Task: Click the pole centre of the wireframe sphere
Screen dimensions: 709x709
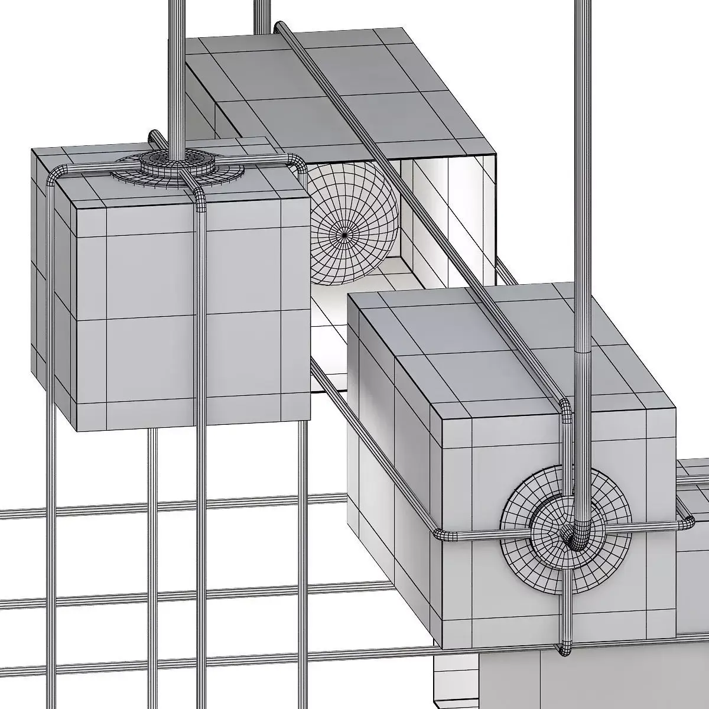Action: (x=345, y=235)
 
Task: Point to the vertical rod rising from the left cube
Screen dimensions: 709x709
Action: (x=176, y=71)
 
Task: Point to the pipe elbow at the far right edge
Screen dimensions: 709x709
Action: (x=687, y=522)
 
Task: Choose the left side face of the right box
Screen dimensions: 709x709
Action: (x=393, y=449)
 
